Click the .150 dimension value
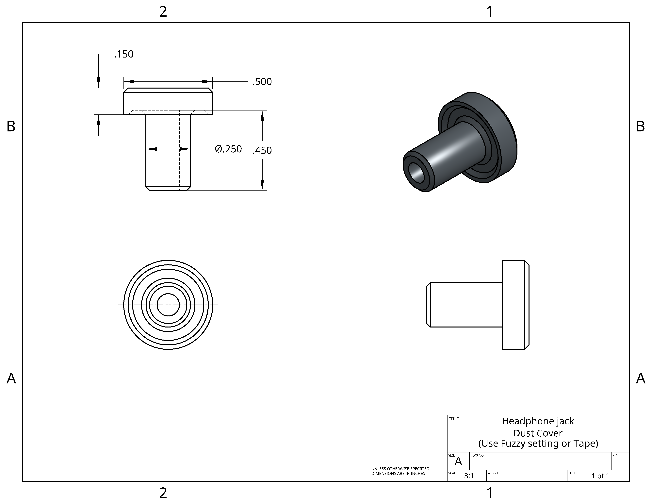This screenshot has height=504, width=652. click(124, 54)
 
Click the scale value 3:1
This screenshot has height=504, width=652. click(469, 476)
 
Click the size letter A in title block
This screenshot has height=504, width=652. click(458, 462)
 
